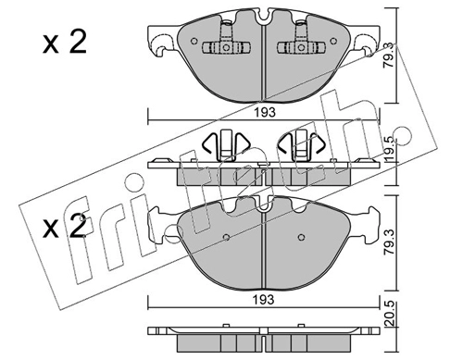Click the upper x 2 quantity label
65,43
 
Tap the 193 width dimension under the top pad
265,112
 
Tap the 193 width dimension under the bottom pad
265,299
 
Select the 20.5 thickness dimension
390,314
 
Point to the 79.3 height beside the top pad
390,56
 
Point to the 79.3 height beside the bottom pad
390,243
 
